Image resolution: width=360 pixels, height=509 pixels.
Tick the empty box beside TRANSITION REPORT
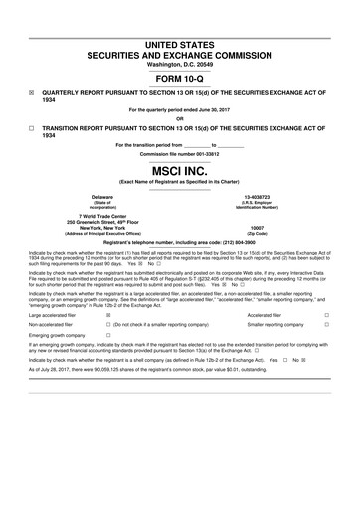coord(32,129)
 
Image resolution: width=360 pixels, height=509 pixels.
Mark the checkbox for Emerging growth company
coord(107,337)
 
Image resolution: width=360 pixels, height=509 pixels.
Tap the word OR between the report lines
coord(180,118)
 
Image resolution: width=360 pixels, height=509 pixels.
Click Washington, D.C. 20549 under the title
coord(180,65)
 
